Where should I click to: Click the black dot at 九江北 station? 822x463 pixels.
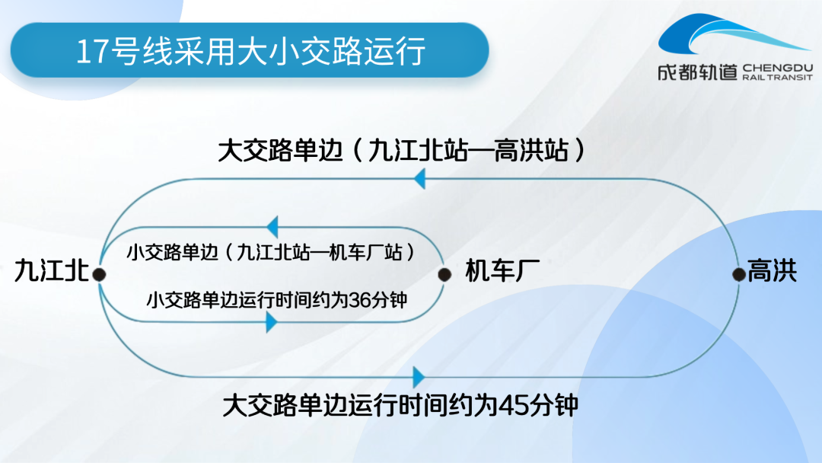(x=99, y=274)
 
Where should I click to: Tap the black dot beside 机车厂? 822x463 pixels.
(x=444, y=274)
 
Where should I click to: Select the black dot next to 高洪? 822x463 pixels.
(x=739, y=273)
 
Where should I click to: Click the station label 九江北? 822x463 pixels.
(x=52, y=270)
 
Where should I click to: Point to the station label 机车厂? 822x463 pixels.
(x=502, y=270)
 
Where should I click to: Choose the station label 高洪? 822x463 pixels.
(x=773, y=270)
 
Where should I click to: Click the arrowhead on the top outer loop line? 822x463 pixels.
(x=419, y=179)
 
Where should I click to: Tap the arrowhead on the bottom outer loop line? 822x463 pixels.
(x=419, y=377)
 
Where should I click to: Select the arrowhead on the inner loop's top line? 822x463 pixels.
(x=272, y=227)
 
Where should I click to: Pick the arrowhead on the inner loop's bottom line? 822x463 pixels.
(x=272, y=322)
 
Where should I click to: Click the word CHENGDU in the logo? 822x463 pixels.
(x=778, y=69)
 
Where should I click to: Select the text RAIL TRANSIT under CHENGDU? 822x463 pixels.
(x=778, y=78)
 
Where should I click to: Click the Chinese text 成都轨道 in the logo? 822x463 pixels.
(x=698, y=72)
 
